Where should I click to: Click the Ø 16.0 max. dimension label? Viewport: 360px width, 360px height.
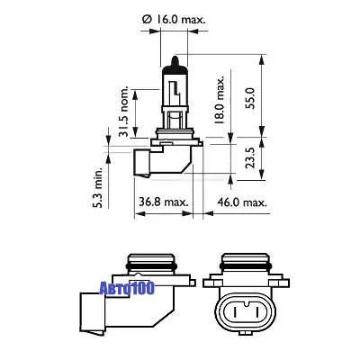coord(175,20)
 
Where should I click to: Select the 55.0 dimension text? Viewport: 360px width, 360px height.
coord(249,98)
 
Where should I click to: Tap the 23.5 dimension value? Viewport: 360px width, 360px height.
coord(249,157)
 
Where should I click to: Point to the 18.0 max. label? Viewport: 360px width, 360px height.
coord(220,100)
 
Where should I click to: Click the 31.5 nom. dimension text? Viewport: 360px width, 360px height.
coord(123,112)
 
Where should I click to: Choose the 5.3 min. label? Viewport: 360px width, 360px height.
coord(97,187)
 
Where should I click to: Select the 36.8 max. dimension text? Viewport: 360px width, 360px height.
coord(164,202)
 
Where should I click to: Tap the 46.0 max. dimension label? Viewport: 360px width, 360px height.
coord(242,202)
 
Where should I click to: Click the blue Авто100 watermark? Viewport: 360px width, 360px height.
coord(127,288)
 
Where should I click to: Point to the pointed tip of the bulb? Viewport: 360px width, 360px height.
coord(175,57)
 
